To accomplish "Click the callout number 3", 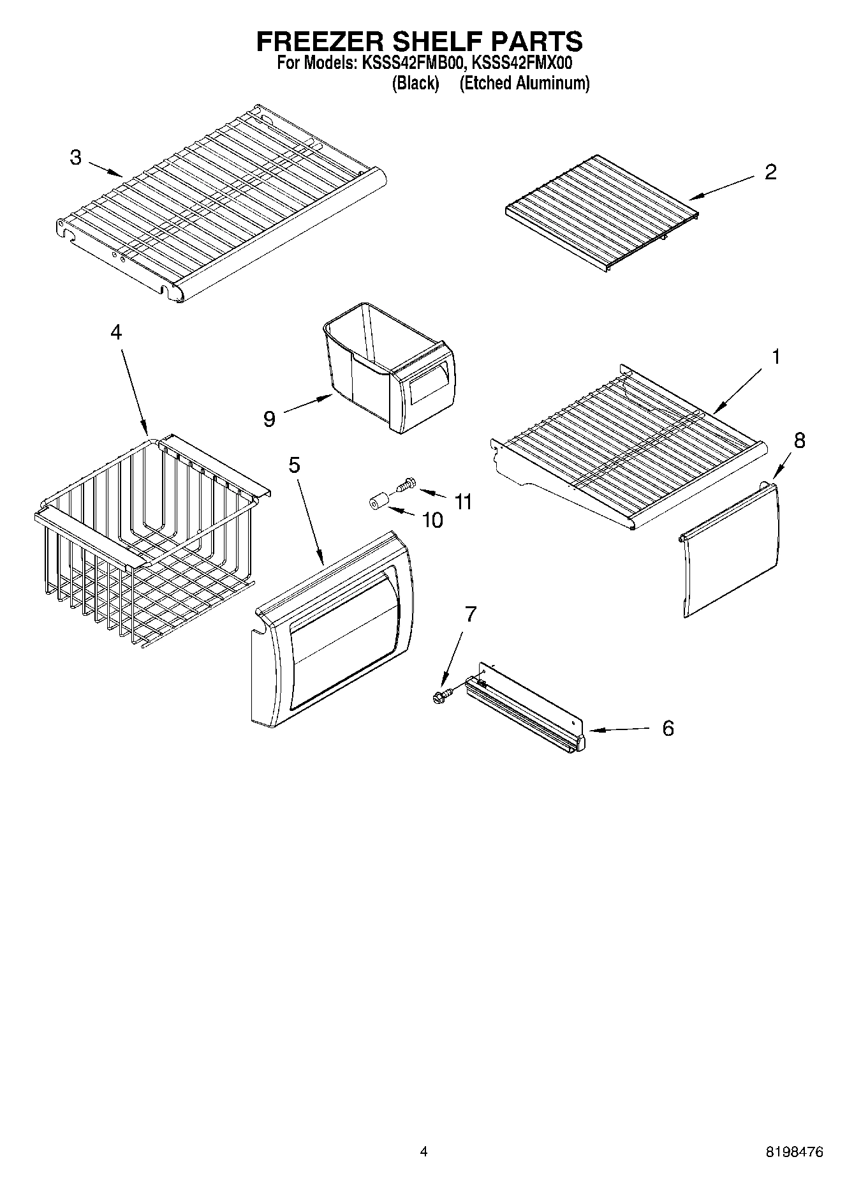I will pyautogui.click(x=76, y=158).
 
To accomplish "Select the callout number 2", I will pyautogui.click(x=770, y=172).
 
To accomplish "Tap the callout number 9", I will pyautogui.click(x=269, y=419).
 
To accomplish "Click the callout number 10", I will pyautogui.click(x=432, y=521).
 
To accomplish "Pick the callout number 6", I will pyautogui.click(x=668, y=728).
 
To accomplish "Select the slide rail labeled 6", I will pyautogui.click(x=526, y=708).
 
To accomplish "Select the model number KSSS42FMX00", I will pyautogui.click(x=521, y=64).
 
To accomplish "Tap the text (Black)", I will pyautogui.click(x=415, y=83).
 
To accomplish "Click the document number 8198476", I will pyautogui.click(x=793, y=1153).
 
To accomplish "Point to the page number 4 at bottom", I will pyautogui.click(x=423, y=1153).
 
